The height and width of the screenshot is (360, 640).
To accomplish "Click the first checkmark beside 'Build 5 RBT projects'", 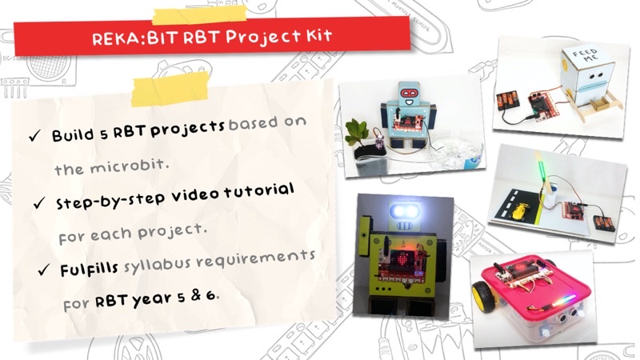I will (34, 136).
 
